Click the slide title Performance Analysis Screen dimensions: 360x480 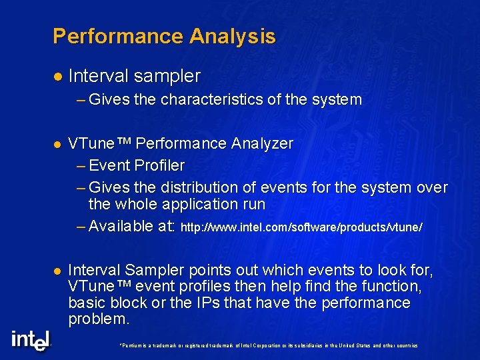click(x=164, y=36)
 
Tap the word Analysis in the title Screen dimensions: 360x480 click(x=232, y=36)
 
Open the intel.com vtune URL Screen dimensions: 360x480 click(x=301, y=228)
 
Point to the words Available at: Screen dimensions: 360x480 click(x=131, y=227)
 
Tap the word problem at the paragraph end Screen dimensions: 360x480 click(x=98, y=319)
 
